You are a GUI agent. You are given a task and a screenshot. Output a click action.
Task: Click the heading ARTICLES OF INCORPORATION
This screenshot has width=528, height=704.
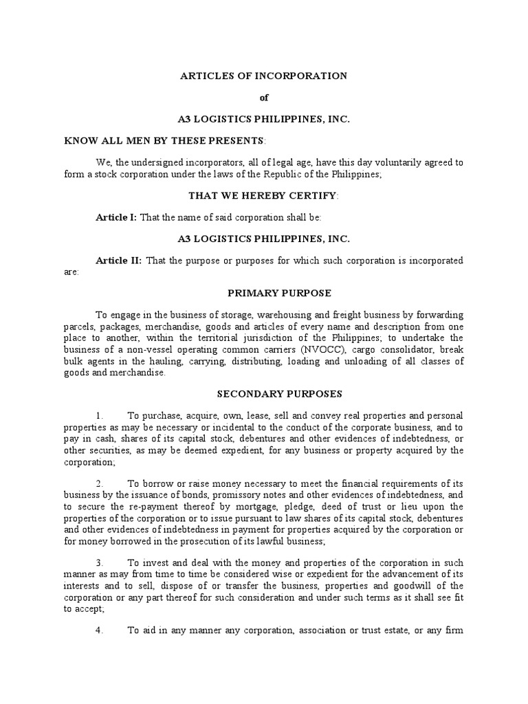[264, 76]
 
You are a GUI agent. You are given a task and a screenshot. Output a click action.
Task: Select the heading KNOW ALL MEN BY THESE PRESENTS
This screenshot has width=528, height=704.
[164, 140]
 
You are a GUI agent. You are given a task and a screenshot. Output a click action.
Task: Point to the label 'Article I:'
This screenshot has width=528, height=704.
[116, 217]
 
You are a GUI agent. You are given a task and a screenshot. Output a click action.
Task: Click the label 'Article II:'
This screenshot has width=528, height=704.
[118, 261]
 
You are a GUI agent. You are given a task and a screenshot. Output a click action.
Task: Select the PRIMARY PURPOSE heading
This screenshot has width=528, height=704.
[264, 293]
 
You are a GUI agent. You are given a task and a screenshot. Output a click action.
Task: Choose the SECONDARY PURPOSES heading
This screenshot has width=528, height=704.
[264, 394]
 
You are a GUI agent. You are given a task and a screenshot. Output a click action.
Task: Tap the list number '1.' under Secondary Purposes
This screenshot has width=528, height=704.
[100, 416]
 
